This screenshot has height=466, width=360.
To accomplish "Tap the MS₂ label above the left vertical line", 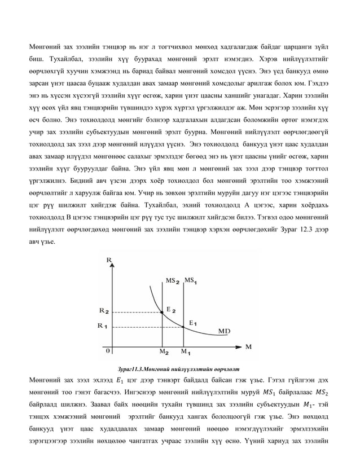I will [x=173, y=280].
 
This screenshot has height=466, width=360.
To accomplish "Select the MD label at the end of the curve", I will [x=224, y=330].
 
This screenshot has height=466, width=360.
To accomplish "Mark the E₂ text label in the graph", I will [x=171, y=310].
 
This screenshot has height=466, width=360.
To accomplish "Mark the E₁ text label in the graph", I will [x=192, y=323].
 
